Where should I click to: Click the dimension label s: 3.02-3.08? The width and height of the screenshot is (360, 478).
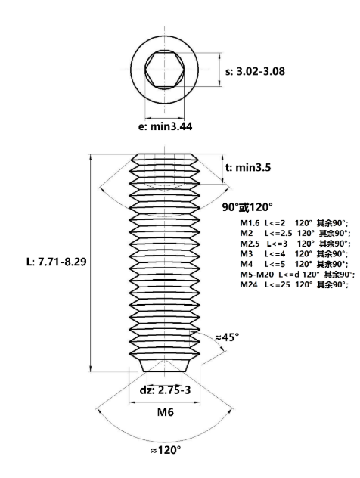(x=255, y=71)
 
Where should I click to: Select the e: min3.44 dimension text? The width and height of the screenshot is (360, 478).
(x=165, y=126)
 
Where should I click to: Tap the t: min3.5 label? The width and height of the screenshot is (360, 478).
(x=248, y=167)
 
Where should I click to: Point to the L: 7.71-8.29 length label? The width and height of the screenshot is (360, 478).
(x=57, y=262)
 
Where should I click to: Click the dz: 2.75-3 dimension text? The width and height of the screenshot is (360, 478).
(x=165, y=390)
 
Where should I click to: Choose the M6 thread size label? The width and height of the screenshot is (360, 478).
(x=165, y=412)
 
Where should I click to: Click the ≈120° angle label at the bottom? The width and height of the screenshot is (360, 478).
(x=166, y=450)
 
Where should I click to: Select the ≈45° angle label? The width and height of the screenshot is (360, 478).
(x=227, y=337)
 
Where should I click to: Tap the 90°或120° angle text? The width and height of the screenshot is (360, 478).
(x=247, y=207)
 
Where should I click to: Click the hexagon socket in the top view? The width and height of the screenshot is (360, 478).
(x=165, y=70)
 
